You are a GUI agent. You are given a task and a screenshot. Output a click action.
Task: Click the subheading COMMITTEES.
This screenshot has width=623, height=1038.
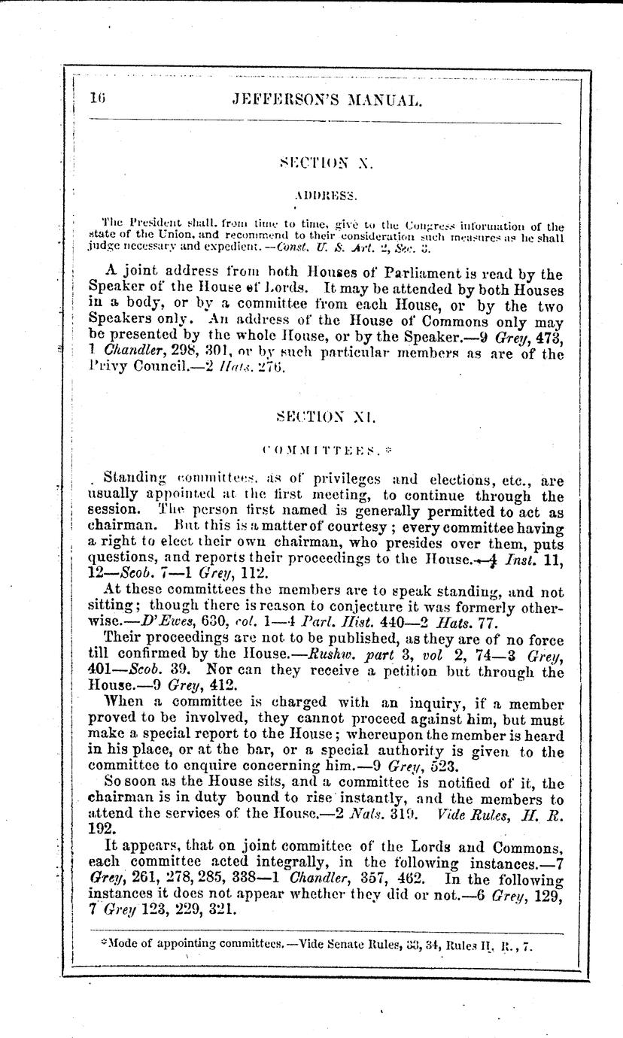322,449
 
